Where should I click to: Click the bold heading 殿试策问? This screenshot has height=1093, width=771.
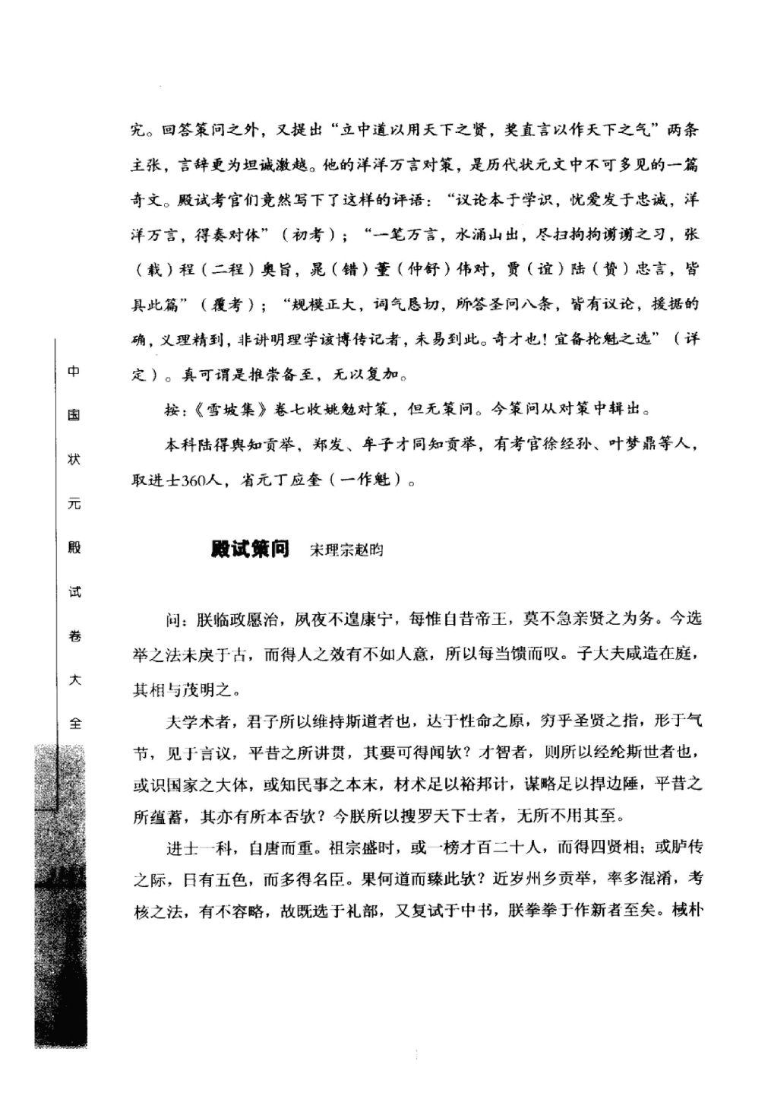[250, 548]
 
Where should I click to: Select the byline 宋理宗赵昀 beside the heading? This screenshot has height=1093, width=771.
[346, 550]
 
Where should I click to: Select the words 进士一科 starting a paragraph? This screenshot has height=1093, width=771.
[195, 847]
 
